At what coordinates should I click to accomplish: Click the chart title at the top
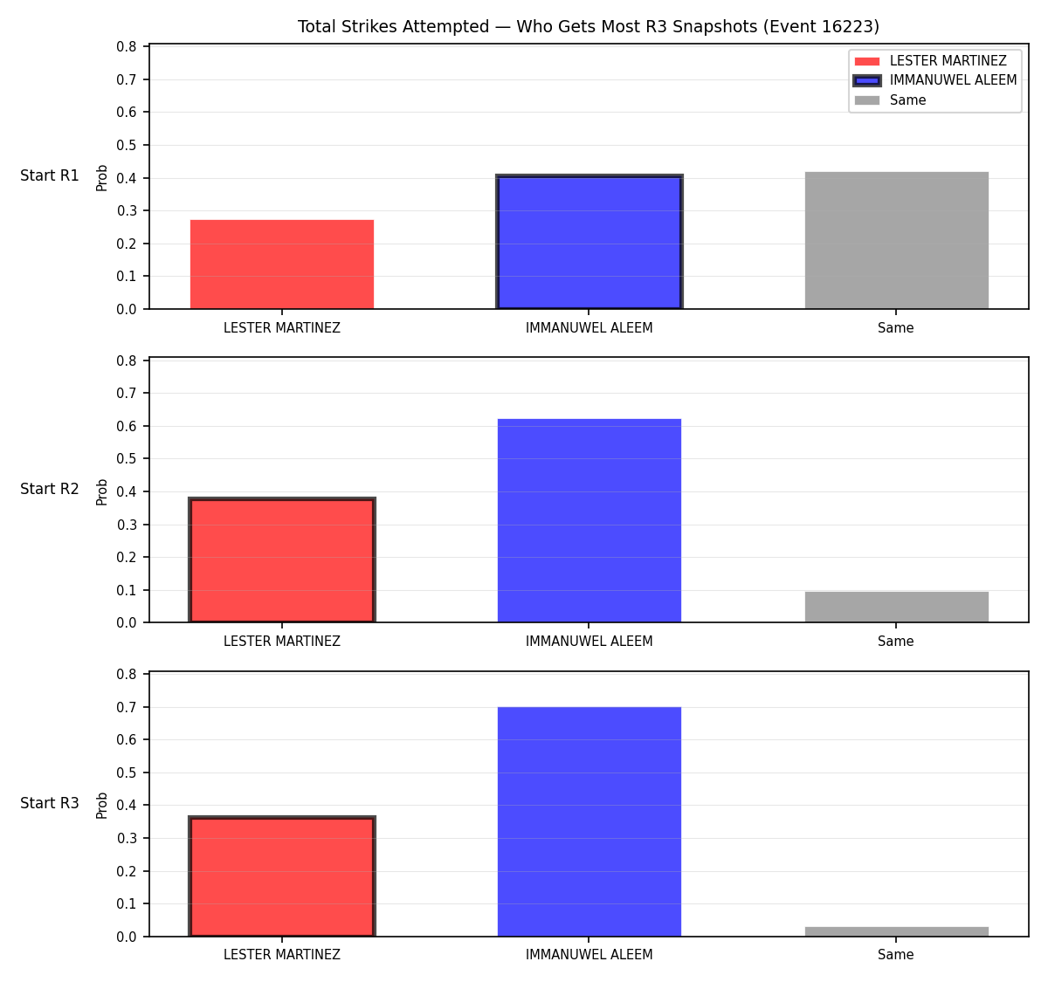pos(588,26)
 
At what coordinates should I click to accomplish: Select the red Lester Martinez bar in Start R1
pos(282,264)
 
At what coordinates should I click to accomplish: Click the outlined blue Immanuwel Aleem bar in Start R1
pos(589,242)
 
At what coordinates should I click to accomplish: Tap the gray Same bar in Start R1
pos(896,240)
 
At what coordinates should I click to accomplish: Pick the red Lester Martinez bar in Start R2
pos(282,560)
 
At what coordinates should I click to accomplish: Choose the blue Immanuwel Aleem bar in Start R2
pos(589,521)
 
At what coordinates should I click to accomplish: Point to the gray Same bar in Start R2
pos(896,608)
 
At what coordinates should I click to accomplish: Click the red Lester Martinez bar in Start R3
pos(282,876)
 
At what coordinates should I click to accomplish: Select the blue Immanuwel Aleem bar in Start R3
pos(589,821)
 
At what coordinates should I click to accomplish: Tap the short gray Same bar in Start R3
pos(896,932)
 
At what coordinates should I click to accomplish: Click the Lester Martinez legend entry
pos(930,61)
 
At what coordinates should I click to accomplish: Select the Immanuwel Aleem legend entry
pos(934,80)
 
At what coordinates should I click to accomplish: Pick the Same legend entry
pos(890,100)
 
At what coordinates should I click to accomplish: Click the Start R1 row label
pos(50,175)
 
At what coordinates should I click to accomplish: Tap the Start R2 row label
pos(50,489)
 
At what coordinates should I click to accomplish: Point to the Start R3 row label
pos(50,803)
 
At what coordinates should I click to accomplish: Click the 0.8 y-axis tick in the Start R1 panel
pos(126,47)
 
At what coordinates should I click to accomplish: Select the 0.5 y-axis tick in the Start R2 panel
pos(126,459)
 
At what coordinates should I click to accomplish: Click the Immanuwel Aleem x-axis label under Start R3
pos(589,955)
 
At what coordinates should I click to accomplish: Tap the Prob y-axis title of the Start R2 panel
pos(102,492)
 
